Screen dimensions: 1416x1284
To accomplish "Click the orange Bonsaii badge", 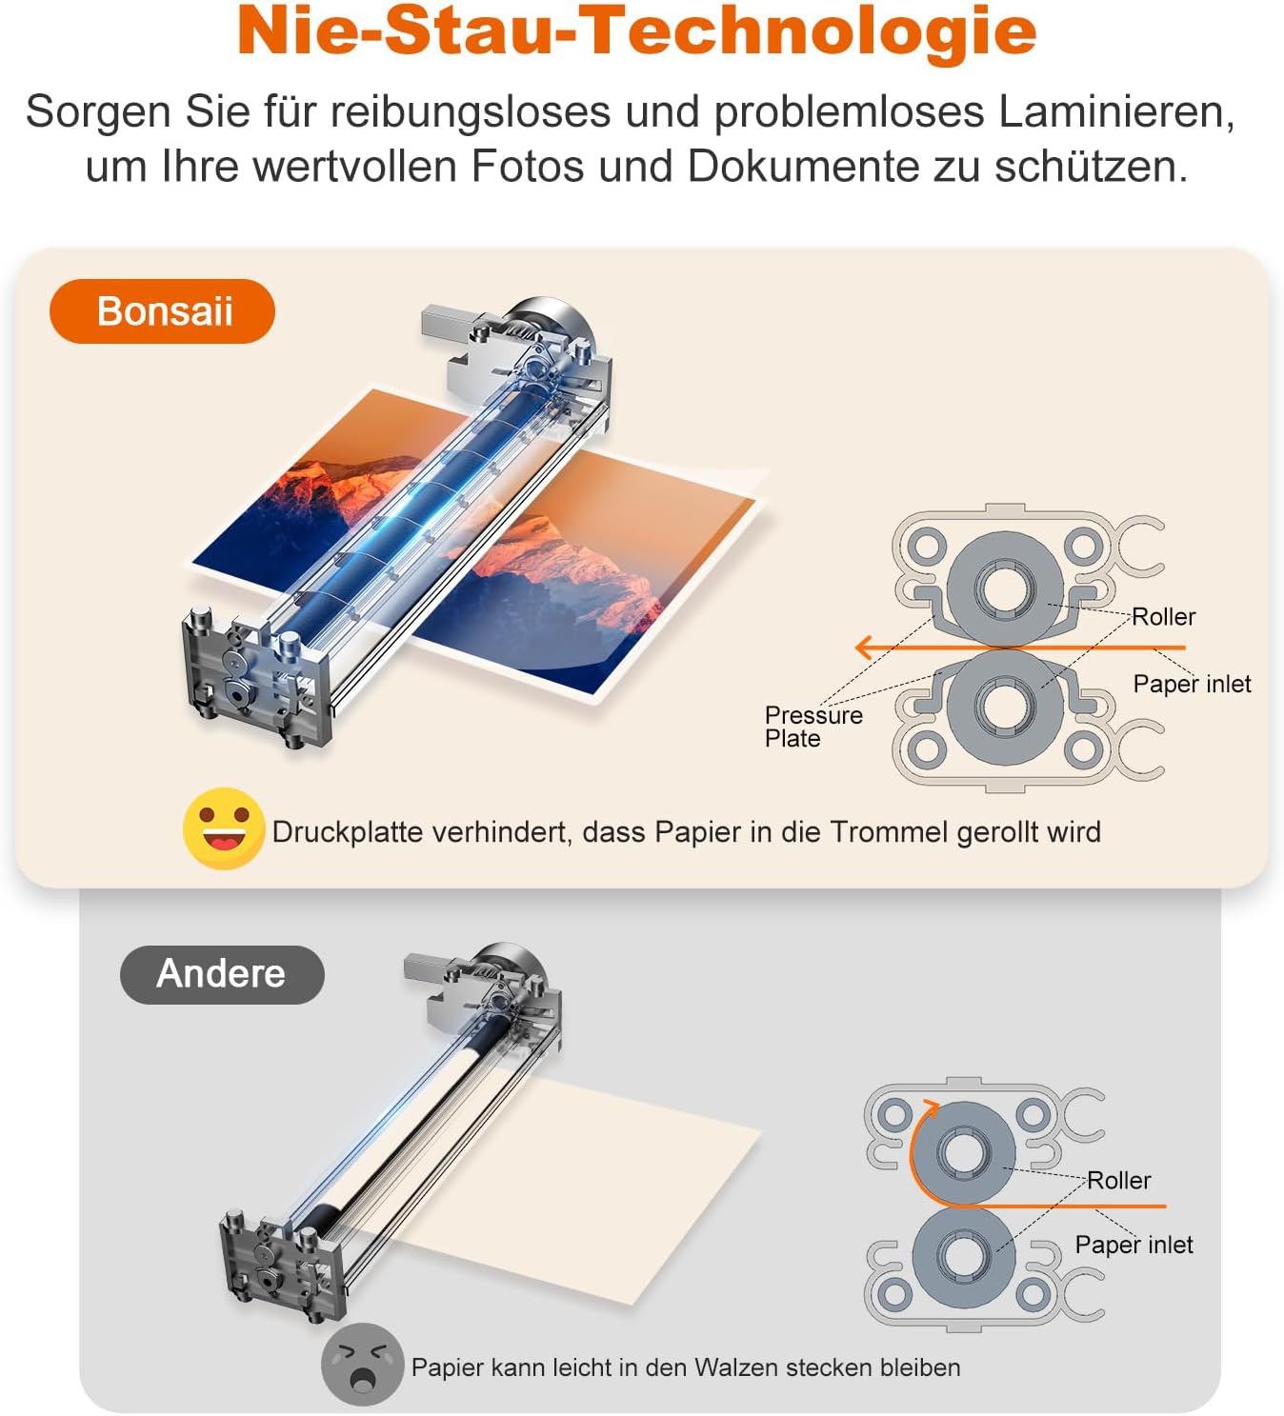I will coord(162,311).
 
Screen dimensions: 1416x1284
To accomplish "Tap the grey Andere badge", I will coord(221,974).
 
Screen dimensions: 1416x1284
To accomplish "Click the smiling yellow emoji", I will coord(223,828).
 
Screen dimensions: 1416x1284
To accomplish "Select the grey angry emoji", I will coord(362,1364).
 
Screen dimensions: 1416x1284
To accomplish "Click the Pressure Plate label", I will coord(813,727).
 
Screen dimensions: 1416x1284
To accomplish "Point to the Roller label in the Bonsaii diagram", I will coord(1163,617).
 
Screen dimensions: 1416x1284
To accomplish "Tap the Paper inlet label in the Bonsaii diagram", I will coord(1192,684).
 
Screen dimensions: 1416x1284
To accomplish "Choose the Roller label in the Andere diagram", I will coord(1118,1181).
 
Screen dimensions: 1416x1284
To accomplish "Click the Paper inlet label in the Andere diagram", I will coord(1134,1245).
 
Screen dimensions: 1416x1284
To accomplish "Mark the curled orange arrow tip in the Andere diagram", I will coord(930,1107).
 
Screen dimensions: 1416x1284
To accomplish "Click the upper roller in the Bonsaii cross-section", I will coord(1004,588).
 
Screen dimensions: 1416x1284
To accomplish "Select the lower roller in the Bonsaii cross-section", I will coord(1004,706).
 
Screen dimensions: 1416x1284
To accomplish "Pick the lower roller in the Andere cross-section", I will coord(963,1257).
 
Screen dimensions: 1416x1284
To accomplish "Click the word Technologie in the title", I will coord(810,30).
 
